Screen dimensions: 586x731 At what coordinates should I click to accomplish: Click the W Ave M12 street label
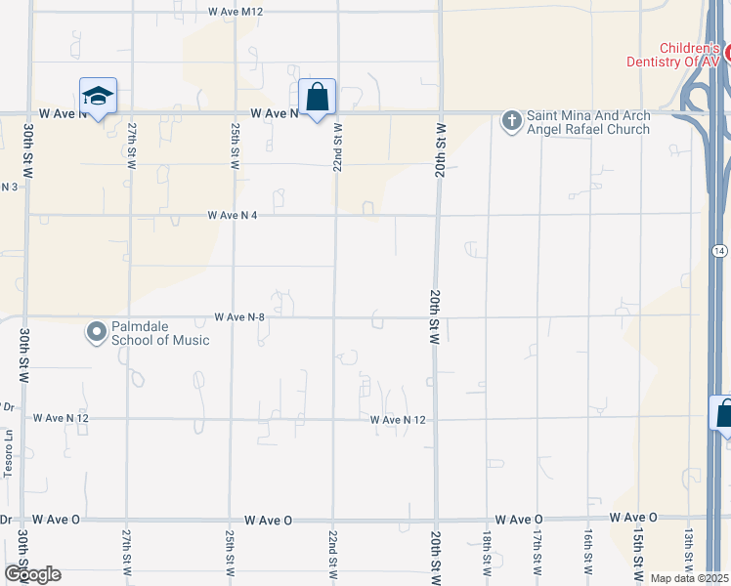(236, 12)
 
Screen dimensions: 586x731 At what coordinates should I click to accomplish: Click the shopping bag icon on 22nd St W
(317, 98)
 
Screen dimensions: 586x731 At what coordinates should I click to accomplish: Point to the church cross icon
(510, 121)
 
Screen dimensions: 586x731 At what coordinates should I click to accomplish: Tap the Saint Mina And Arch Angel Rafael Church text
(588, 122)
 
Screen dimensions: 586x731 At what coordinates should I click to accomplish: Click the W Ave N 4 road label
(232, 215)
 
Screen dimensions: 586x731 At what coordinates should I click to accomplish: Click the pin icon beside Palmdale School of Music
(96, 333)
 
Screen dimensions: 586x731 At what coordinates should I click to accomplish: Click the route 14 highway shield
(718, 251)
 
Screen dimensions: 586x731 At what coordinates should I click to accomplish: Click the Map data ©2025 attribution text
(690, 578)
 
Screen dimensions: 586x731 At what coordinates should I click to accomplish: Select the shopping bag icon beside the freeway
(723, 413)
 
